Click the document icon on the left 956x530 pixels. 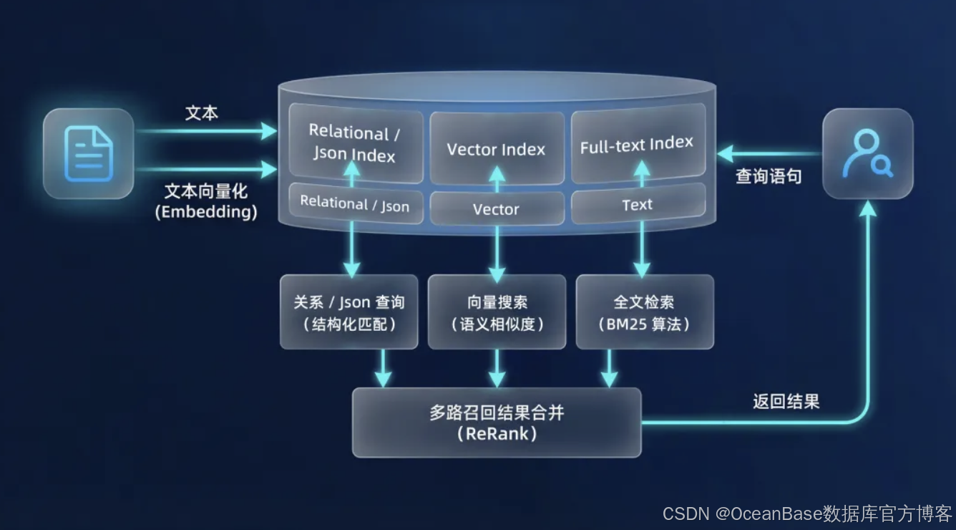[88, 153]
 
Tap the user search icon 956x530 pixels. [867, 153]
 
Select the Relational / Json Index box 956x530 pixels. [355, 143]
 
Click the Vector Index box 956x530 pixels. [496, 149]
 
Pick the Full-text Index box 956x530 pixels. [637, 145]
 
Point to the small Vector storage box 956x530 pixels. [496, 209]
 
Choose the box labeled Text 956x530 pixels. [637, 205]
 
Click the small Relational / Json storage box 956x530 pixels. [355, 203]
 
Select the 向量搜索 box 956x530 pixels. [497, 312]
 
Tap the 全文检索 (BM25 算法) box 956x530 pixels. [644, 312]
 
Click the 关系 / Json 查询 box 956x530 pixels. [348, 312]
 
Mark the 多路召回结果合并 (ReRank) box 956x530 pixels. [497, 423]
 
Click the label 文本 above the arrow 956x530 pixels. [202, 113]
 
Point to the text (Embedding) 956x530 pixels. [206, 212]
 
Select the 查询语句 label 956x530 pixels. [769, 176]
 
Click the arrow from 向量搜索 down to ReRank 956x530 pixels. [497, 369]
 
